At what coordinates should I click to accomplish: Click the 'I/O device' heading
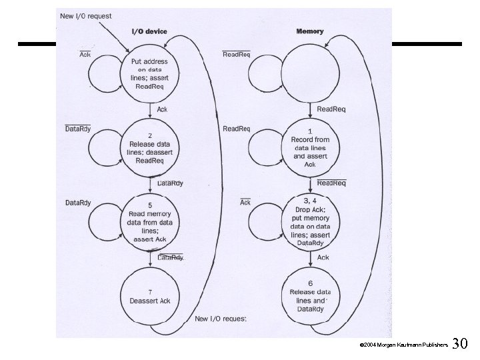click(x=148, y=31)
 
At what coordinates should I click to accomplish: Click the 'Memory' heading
click(x=309, y=31)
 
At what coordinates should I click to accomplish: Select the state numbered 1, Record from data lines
click(x=309, y=147)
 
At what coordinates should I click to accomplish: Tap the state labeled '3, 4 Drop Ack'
click(x=309, y=223)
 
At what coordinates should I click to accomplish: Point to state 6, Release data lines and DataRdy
click(x=309, y=296)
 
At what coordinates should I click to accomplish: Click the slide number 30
click(x=460, y=344)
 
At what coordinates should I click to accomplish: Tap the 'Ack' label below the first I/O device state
click(x=162, y=109)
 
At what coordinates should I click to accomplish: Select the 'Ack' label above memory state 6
click(x=323, y=257)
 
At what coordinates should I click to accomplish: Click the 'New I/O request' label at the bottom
click(x=220, y=319)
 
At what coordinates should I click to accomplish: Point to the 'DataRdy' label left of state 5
click(x=77, y=202)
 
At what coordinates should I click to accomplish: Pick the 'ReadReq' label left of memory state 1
click(x=237, y=128)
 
